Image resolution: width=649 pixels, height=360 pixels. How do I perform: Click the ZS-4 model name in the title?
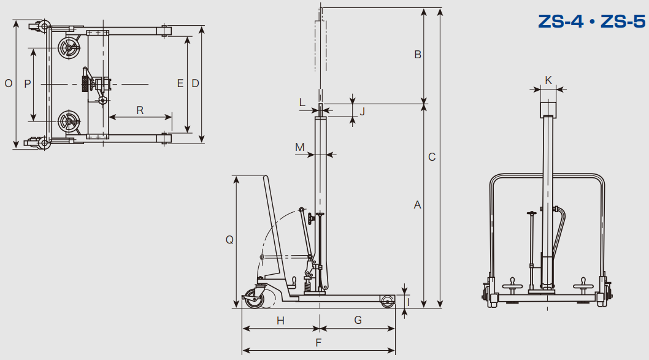[x=561, y=21]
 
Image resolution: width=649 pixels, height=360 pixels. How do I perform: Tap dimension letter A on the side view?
[x=417, y=204]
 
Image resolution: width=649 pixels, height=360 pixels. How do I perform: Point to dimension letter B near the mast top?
[x=418, y=54]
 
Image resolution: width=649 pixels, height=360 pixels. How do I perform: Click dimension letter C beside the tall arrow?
[x=432, y=157]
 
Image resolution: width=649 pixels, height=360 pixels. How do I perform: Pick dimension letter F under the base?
[x=318, y=343]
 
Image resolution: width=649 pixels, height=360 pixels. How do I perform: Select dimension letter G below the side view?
[x=358, y=320]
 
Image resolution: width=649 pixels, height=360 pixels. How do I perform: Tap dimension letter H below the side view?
[x=280, y=321]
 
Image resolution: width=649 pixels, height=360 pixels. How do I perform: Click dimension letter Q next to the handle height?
[x=229, y=240]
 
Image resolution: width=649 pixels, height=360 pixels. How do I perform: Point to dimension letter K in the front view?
[x=548, y=80]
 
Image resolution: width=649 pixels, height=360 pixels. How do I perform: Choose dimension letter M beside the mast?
[x=300, y=147]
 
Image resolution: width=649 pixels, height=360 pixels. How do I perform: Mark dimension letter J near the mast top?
[x=363, y=111]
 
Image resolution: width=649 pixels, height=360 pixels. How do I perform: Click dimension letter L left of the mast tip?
[x=302, y=102]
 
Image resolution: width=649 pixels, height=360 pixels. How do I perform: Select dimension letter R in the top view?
[x=140, y=110]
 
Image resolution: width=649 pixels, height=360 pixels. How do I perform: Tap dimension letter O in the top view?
[x=8, y=83]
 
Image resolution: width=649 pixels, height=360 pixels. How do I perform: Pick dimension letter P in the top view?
[x=28, y=84]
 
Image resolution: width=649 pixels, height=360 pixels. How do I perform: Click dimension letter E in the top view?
[x=180, y=83]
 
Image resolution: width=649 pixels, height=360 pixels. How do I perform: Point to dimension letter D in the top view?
[x=195, y=83]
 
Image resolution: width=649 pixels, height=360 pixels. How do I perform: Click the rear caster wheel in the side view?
[x=253, y=298]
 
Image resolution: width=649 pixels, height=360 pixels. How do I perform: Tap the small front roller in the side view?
[x=388, y=301]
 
